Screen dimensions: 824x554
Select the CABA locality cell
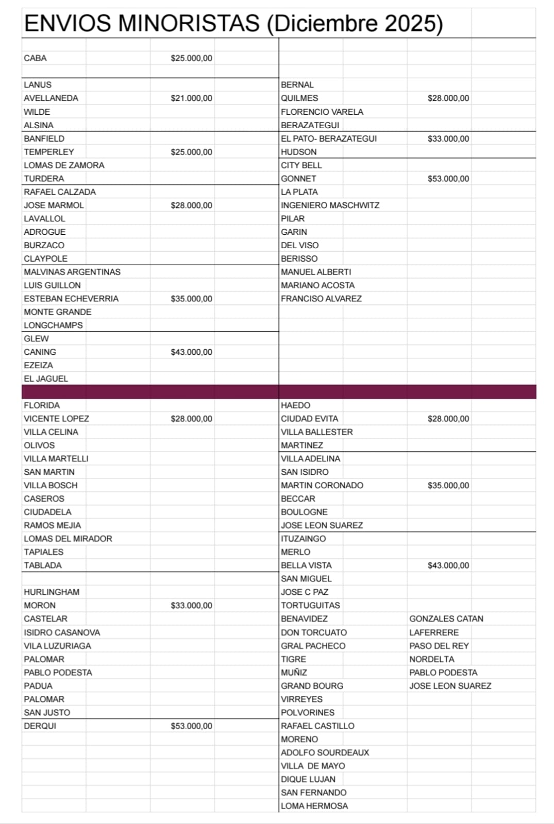(x=35, y=58)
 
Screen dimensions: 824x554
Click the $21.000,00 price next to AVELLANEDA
(x=191, y=98)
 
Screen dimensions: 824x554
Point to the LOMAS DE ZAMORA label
(x=64, y=165)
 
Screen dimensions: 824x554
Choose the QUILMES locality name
(x=299, y=98)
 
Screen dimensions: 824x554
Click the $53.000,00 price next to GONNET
(x=448, y=179)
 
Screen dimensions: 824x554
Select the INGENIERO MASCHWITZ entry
(x=330, y=205)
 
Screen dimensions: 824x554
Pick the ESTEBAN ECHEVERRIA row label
(x=71, y=299)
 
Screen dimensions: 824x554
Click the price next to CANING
(x=191, y=352)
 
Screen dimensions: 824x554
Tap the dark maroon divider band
(x=278, y=392)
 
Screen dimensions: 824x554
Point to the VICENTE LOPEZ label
(x=56, y=419)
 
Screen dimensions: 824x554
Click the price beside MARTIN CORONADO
(x=448, y=486)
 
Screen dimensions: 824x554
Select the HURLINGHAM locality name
(x=52, y=592)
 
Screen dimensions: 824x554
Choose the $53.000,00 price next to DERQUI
(x=191, y=726)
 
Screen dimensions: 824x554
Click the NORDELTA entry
(x=432, y=659)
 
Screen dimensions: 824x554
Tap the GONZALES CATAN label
(x=446, y=619)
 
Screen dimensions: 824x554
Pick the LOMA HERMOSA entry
(x=314, y=806)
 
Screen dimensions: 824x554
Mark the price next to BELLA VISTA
(x=448, y=565)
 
